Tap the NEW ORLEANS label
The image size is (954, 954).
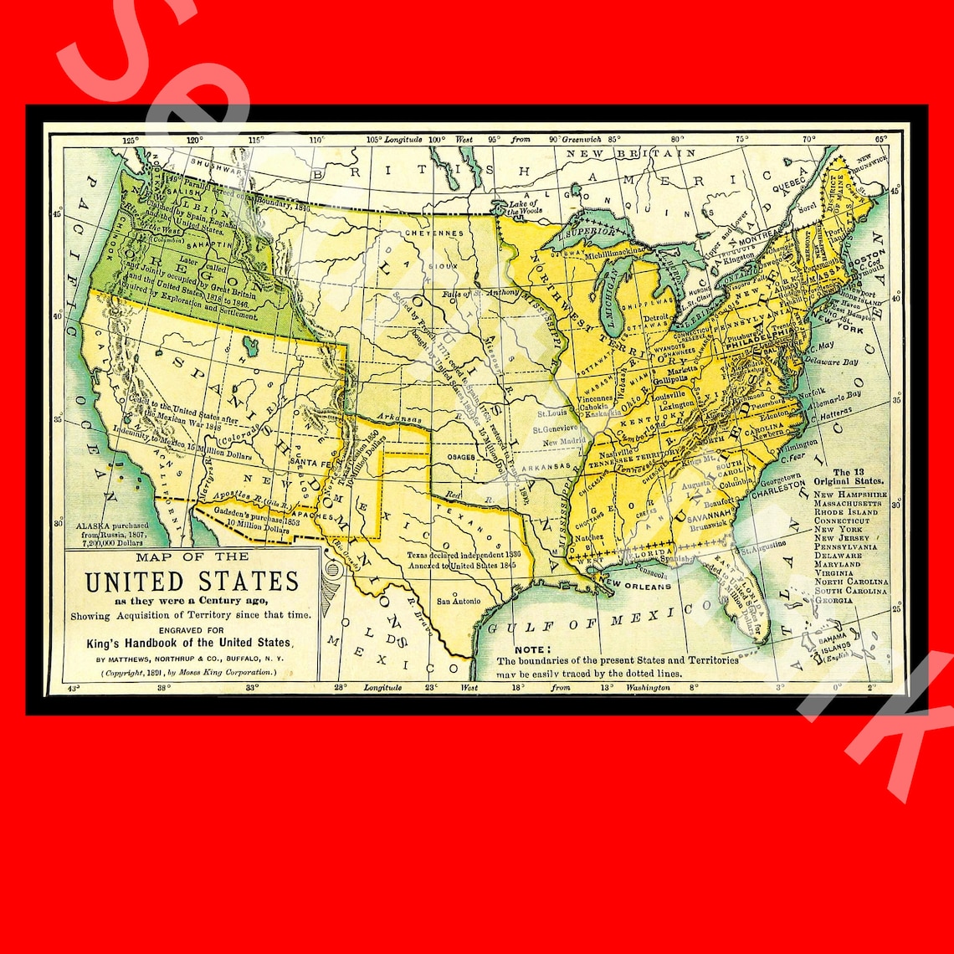(636, 585)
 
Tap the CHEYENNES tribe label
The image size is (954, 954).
(434, 233)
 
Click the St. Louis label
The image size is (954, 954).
(551, 413)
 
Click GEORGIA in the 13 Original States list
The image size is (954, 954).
(833, 601)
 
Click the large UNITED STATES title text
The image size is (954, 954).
(192, 581)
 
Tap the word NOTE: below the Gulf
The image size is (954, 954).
(532, 649)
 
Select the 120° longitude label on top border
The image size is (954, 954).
(194, 140)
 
